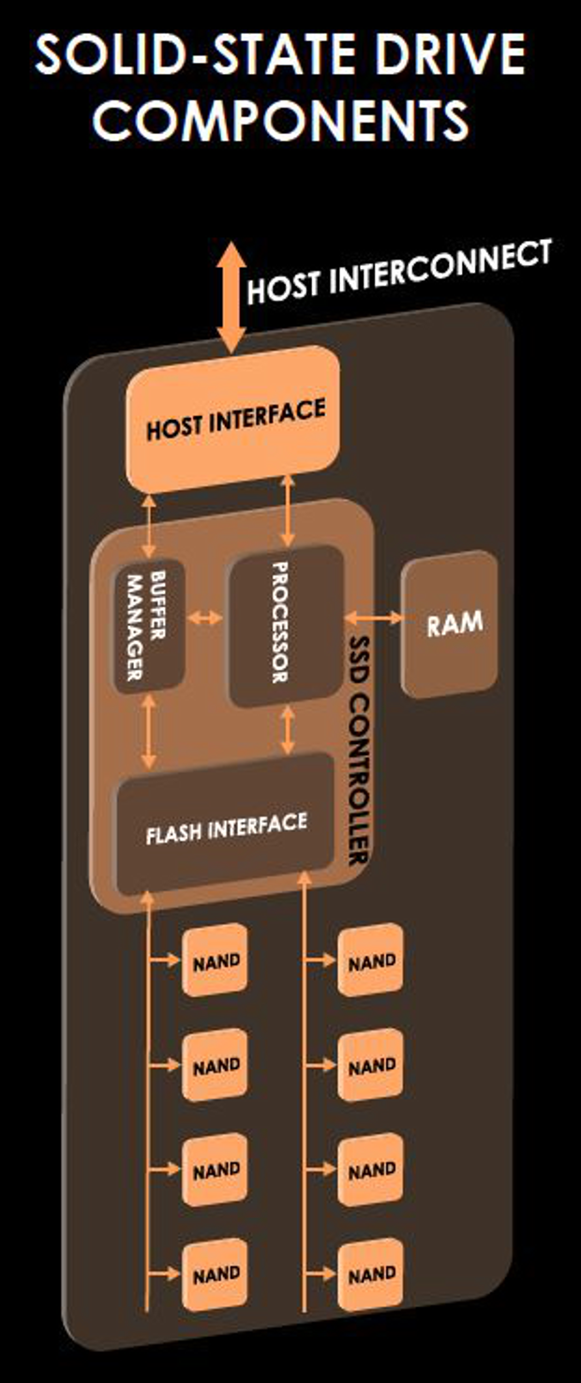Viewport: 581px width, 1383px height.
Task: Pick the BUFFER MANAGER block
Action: click(146, 628)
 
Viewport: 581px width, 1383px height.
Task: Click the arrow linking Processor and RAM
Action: click(373, 617)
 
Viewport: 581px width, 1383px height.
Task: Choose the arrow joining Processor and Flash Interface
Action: click(288, 729)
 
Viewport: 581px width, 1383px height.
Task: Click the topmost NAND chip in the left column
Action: click(216, 960)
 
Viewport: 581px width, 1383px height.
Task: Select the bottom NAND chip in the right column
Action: click(371, 1275)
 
